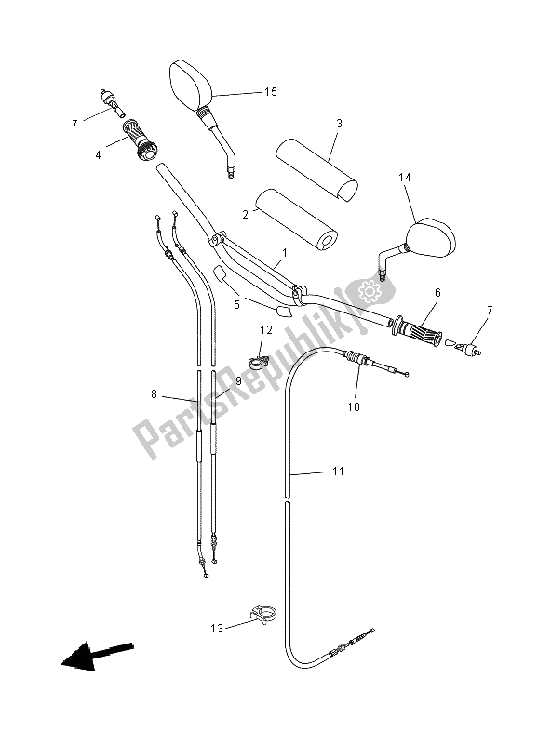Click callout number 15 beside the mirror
pos(270,92)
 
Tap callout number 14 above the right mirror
pos(405,176)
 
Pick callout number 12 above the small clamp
pos(265,329)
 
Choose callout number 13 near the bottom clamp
pos(216,630)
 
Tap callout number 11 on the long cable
pos(338,472)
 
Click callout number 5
pos(236,303)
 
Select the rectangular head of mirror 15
pos(191,84)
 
